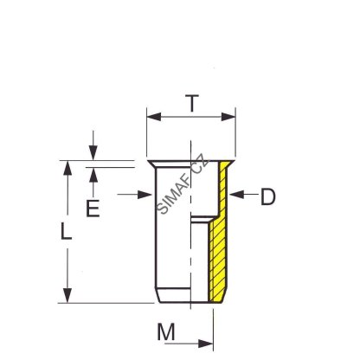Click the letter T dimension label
click(x=192, y=103)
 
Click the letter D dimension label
click(x=268, y=196)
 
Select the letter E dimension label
click(x=93, y=209)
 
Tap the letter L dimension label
click(x=66, y=231)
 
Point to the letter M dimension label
click(x=166, y=332)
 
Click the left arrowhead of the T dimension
click(x=154, y=117)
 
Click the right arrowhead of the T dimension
click(x=228, y=117)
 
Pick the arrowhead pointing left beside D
click(x=236, y=195)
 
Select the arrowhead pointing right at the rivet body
click(x=145, y=195)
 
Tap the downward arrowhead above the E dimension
click(x=93, y=153)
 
